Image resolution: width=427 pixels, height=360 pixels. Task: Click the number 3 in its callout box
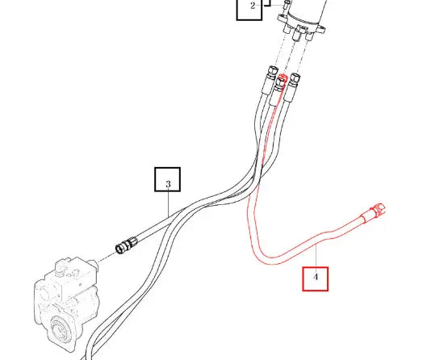pyautogui.click(x=168, y=184)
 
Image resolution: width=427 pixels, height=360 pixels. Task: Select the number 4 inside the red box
pyautogui.click(x=316, y=277)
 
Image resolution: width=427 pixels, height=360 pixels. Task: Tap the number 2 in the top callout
pyautogui.click(x=253, y=6)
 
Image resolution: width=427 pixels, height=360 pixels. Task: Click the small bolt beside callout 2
pyautogui.click(x=287, y=5)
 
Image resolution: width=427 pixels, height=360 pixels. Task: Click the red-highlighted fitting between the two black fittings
pyautogui.click(x=281, y=82)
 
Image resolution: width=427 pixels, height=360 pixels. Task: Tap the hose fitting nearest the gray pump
pyautogui.click(x=126, y=245)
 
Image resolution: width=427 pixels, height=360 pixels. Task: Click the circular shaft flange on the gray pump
pyautogui.click(x=61, y=329)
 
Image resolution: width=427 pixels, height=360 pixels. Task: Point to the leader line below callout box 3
pyautogui.click(x=168, y=203)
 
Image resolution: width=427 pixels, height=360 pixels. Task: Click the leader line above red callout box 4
pyautogui.click(x=316, y=256)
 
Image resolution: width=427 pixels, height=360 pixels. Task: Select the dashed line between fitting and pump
pyautogui.click(x=107, y=257)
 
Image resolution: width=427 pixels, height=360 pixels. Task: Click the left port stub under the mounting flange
pyautogui.click(x=287, y=28)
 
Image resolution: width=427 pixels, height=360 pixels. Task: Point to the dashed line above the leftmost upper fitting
pyautogui.click(x=279, y=49)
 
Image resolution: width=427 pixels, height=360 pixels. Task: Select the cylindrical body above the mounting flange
pyautogui.click(x=312, y=10)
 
